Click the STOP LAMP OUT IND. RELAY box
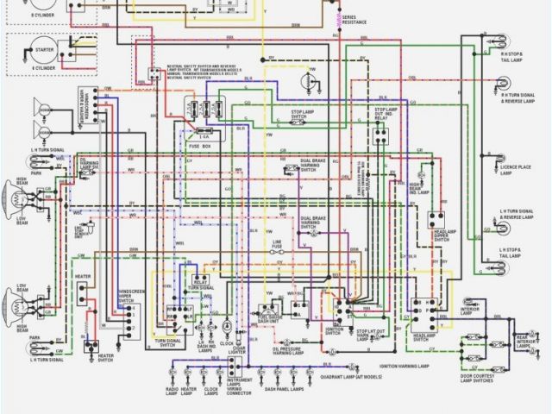(380, 131)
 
